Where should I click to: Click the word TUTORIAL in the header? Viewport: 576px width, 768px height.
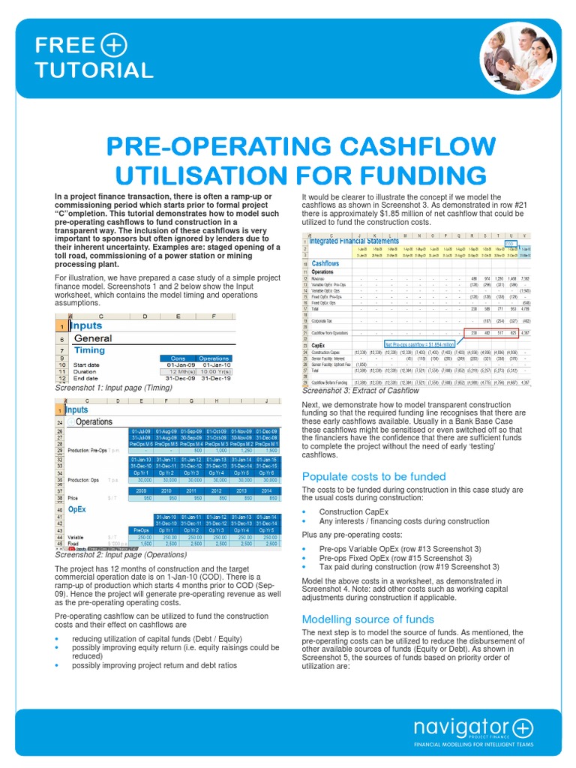[94, 70]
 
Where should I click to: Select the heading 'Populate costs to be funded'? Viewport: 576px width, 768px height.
[373, 476]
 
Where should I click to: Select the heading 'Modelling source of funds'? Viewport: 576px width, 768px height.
[367, 619]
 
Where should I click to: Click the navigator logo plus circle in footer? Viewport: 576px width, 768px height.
[522, 727]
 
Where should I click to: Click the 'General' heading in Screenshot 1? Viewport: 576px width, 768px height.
[93, 338]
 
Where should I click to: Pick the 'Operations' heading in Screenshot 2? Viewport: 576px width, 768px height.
[94, 421]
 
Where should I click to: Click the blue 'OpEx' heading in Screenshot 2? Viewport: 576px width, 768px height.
[76, 508]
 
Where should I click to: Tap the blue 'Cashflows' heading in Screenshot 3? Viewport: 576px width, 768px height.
[325, 264]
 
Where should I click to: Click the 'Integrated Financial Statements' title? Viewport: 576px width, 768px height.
[355, 240]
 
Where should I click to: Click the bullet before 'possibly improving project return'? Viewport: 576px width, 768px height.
[58, 665]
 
